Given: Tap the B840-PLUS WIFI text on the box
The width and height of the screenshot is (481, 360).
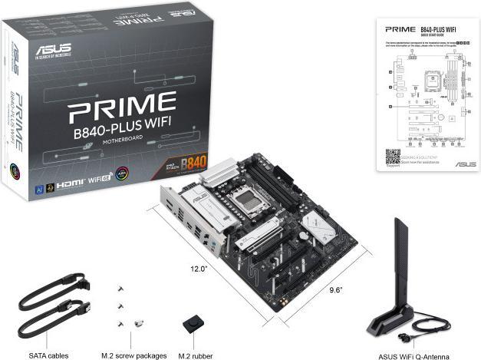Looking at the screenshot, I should (x=124, y=132).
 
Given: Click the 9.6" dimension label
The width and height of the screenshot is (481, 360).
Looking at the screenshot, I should (x=334, y=289).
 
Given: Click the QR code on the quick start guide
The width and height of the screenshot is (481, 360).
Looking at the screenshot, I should (x=393, y=154).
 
